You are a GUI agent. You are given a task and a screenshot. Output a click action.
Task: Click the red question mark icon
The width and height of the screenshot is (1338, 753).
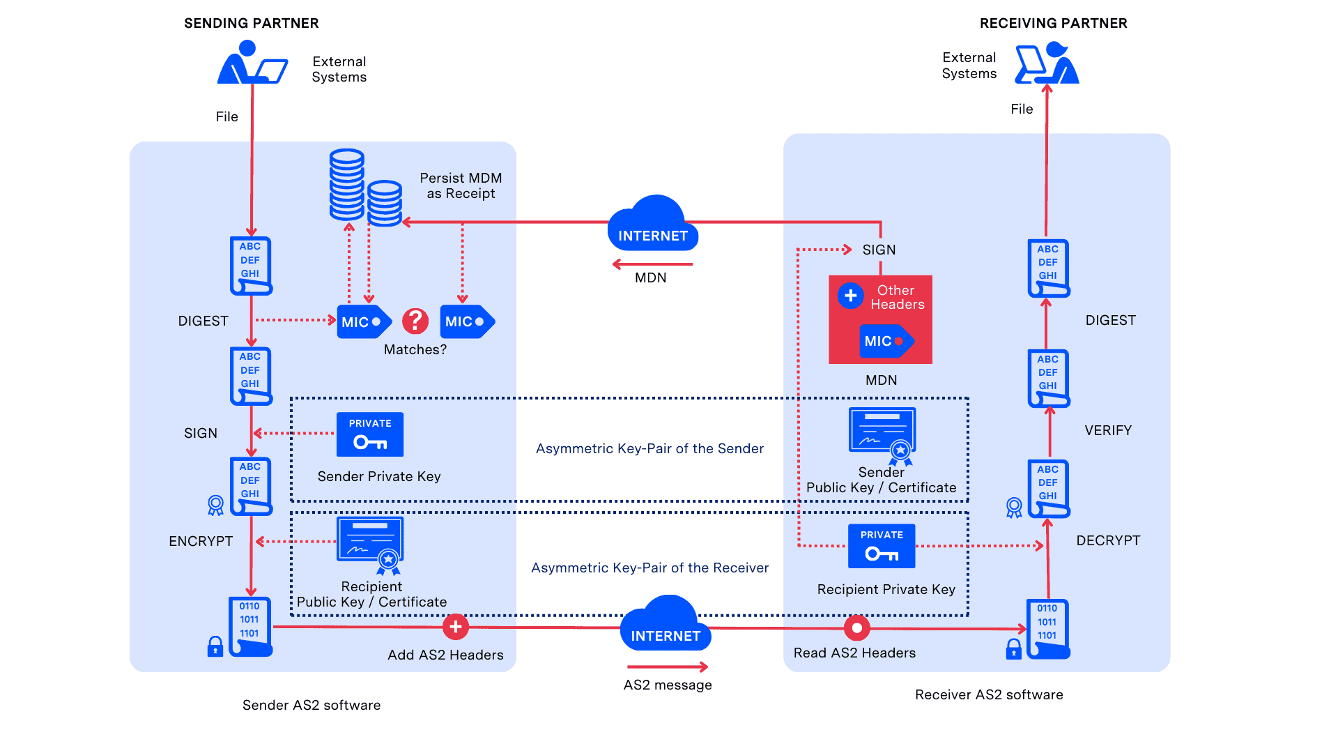[415, 321]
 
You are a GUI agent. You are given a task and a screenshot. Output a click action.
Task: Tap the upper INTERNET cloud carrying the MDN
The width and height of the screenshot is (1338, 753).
[652, 225]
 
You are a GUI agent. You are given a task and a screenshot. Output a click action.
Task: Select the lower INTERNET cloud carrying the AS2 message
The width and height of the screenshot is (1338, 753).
[665, 625]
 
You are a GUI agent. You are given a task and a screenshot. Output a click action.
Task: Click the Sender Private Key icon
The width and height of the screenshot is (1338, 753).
[370, 435]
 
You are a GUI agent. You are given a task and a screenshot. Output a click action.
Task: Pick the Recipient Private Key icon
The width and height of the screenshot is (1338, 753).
[882, 547]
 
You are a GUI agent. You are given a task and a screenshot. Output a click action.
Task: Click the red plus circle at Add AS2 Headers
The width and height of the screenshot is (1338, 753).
[456, 627]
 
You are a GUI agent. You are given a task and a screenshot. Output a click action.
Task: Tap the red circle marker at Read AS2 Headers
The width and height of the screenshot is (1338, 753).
[856, 628]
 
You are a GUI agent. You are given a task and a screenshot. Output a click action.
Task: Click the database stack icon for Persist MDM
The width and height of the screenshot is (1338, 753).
[364, 188]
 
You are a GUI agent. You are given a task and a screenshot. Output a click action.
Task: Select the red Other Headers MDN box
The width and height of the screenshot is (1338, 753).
[880, 319]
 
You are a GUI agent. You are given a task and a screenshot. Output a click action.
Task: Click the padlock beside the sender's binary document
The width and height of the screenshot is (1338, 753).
[215, 646]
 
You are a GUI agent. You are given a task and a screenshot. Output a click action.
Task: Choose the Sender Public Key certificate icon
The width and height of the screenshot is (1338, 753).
[882, 435]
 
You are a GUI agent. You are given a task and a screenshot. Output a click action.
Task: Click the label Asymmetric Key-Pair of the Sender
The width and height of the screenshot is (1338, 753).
[649, 448]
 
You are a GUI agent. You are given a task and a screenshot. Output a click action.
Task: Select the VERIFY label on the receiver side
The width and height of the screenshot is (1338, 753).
[1108, 430]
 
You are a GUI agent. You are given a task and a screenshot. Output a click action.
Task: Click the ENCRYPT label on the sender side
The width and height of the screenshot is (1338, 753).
[201, 541]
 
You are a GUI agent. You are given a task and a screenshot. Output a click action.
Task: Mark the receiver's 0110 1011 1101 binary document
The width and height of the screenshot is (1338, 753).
[1047, 628]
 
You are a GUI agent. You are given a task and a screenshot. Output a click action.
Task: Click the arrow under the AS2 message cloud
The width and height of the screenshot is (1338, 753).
[667, 667]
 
